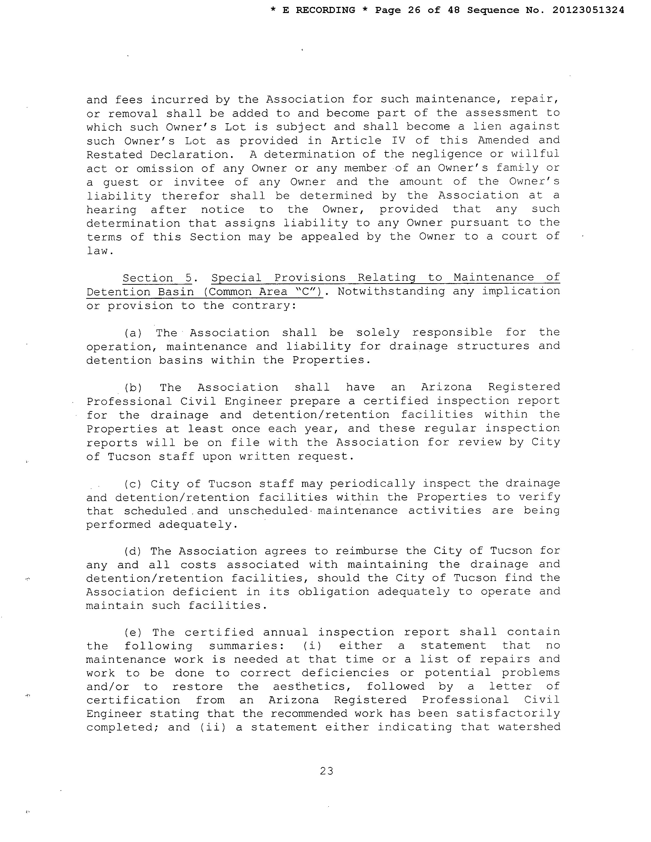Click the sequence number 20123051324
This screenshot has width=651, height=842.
click(588, 10)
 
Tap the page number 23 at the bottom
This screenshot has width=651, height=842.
click(326, 771)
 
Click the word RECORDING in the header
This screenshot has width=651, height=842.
click(325, 10)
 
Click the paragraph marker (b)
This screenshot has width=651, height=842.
click(133, 388)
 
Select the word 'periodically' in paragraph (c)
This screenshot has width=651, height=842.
click(372, 484)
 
